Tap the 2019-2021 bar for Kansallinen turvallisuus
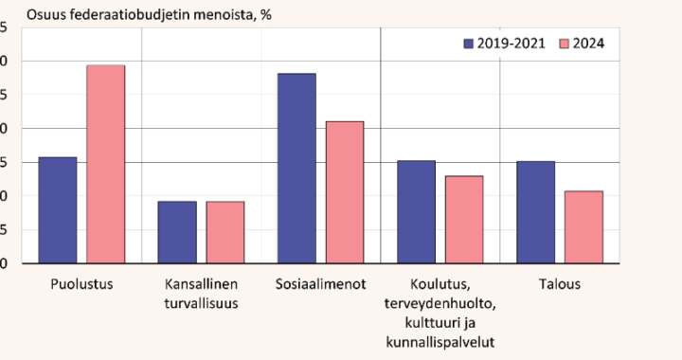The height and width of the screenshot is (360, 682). [x=177, y=232]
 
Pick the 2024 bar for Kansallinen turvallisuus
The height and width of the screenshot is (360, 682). [x=225, y=232]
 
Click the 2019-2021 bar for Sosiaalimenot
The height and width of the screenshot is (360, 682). [x=296, y=169]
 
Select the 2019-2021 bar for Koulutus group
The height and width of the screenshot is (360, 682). [x=416, y=212]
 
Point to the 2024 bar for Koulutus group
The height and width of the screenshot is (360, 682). [x=464, y=220]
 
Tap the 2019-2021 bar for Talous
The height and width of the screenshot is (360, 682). [x=535, y=212]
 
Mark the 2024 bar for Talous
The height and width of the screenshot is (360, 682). [x=583, y=227]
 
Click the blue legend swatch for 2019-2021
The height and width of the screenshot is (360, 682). [x=468, y=44]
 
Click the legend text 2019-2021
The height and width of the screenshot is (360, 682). [x=511, y=44]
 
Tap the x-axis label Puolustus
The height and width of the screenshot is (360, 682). [x=81, y=283]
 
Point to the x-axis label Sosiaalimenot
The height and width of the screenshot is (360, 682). [x=320, y=283]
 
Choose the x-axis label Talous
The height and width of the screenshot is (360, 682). [x=559, y=283]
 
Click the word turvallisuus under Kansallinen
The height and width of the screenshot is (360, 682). [x=201, y=303]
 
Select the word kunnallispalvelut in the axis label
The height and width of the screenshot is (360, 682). [x=440, y=341]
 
